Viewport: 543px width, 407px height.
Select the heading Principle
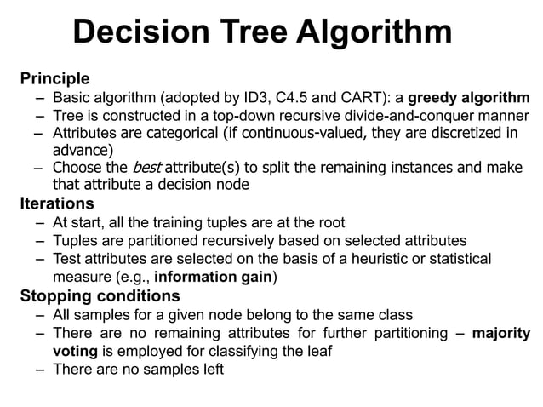pyautogui.click(x=54, y=79)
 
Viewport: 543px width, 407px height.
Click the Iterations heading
pyautogui.click(x=56, y=203)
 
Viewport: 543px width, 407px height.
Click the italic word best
pyautogui.click(x=141, y=167)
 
